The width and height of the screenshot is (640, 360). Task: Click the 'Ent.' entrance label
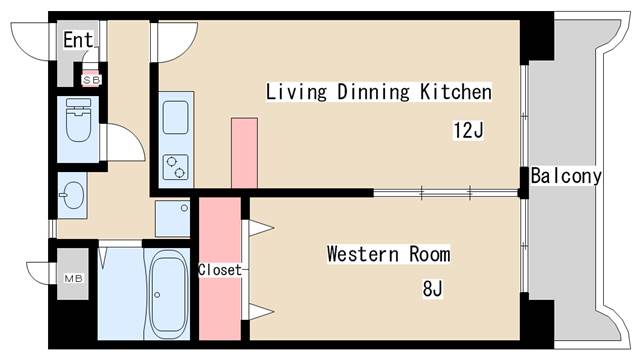coord(78,40)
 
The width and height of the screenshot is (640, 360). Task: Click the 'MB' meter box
coord(73,278)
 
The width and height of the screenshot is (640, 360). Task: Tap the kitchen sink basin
coord(175,117)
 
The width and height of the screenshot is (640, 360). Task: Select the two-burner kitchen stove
coord(176,166)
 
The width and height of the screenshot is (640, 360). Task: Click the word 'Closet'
coord(219,270)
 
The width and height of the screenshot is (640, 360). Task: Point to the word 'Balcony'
coord(566,177)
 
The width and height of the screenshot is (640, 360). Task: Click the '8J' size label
coord(432,290)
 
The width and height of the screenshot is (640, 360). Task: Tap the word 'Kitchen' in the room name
coord(456,92)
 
